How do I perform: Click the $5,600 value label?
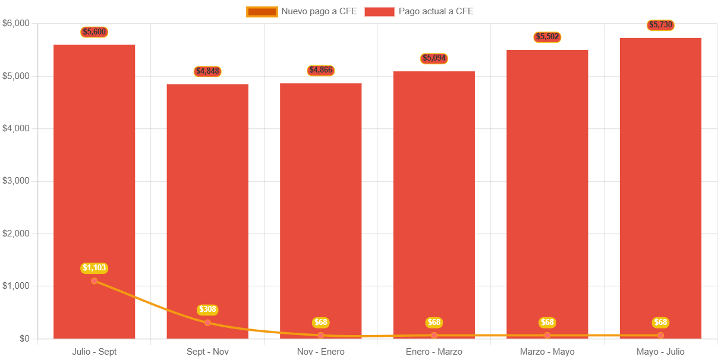[x=95, y=32]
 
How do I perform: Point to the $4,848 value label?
[x=207, y=71]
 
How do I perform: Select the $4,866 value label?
[x=321, y=70]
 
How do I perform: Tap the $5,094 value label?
[x=434, y=58]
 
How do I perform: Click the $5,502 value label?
[x=547, y=37]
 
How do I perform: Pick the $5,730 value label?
[x=660, y=25]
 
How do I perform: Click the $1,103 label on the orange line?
[x=95, y=268]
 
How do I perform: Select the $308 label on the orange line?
[x=207, y=310]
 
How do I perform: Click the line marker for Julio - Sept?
[x=95, y=280]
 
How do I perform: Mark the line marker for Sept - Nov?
[x=207, y=323]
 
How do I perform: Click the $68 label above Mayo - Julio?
[x=660, y=323]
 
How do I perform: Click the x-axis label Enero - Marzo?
[x=434, y=352]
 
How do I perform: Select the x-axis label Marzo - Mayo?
[x=547, y=352]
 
